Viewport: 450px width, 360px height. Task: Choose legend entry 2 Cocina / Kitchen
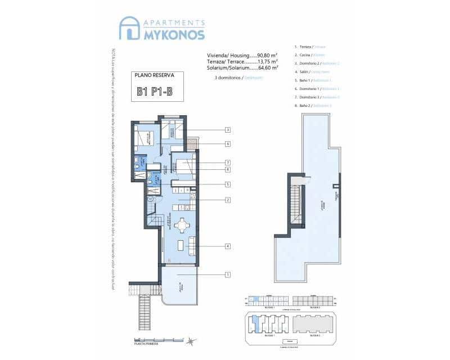click(x=309, y=55)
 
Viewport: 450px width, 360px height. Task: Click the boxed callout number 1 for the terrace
click(x=228, y=274)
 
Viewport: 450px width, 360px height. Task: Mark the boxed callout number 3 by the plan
click(x=228, y=130)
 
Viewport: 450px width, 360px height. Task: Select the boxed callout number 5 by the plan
click(x=228, y=184)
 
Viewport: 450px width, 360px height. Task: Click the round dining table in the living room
click(x=181, y=226)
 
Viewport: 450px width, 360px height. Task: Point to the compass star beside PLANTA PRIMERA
click(x=191, y=341)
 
